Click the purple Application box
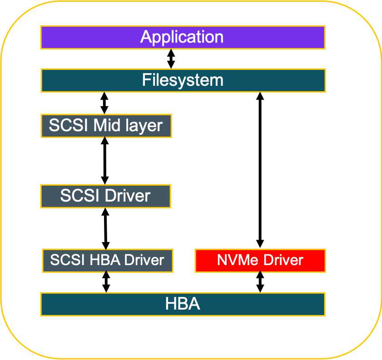click(183, 37)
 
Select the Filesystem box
click(183, 80)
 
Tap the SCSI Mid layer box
click(106, 125)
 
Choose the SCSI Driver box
click(105, 196)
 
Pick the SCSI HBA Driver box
click(107, 261)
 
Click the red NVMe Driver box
click(260, 261)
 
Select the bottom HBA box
click(183, 304)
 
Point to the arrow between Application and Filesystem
click(171, 59)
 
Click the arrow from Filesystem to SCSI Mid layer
click(104, 103)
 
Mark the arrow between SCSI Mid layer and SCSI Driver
click(105, 161)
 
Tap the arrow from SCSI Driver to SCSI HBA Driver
click(106, 228)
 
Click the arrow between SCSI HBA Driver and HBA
click(106, 282)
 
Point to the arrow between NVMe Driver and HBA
click(260, 282)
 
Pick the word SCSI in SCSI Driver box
click(80, 196)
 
